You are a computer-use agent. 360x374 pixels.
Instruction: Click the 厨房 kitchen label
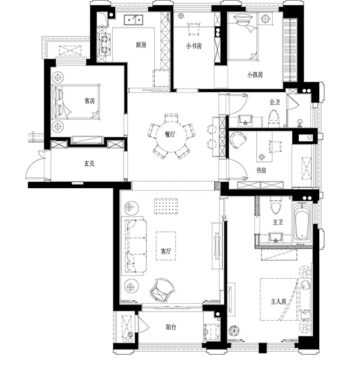tap(141, 44)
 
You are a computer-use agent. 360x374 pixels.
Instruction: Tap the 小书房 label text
tap(194, 46)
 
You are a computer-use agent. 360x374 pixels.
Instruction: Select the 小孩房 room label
tap(255, 75)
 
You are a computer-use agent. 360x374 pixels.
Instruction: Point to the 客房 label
tap(89, 101)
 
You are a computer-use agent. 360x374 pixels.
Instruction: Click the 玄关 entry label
tap(89, 164)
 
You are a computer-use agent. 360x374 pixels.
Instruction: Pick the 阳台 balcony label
tap(171, 327)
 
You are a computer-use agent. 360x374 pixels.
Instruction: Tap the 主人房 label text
tap(278, 301)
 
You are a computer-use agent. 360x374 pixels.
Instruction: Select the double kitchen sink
tap(133, 20)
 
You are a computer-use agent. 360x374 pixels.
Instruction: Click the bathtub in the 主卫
tap(303, 222)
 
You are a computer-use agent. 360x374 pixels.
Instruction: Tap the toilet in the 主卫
tap(276, 206)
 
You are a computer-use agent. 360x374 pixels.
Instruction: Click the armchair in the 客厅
tap(161, 290)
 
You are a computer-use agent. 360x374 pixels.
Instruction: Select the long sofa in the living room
tap(134, 246)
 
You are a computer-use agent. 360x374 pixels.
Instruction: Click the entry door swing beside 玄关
tap(35, 166)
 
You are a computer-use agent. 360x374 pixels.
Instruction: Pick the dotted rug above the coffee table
tap(166, 206)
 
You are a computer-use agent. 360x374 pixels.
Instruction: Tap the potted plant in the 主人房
tap(234, 331)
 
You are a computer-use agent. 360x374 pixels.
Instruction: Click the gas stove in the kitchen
tap(104, 44)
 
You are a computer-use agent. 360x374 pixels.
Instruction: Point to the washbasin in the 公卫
tap(245, 120)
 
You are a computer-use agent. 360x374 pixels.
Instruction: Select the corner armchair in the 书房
tap(238, 140)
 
